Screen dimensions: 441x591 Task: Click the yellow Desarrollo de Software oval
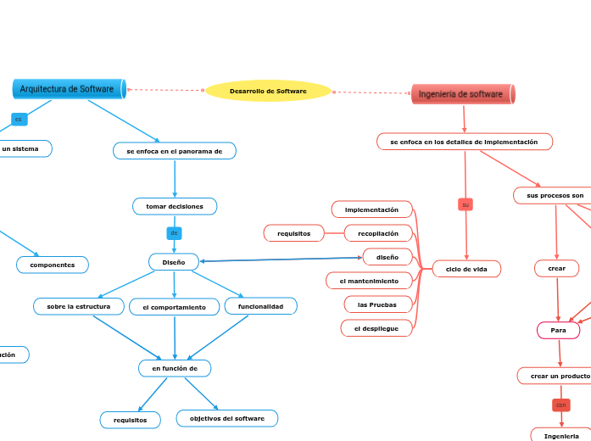click(268, 91)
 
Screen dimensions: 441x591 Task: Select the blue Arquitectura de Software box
click(69, 88)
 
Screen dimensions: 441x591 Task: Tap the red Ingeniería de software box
click(462, 94)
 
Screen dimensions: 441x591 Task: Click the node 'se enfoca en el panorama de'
click(175, 151)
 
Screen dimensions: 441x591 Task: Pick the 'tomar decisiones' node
click(175, 206)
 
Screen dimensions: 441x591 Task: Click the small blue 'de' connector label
click(174, 232)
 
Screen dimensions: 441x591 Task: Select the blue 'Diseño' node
click(174, 262)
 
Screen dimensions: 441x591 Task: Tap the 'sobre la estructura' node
click(79, 306)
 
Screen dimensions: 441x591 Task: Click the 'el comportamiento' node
click(174, 307)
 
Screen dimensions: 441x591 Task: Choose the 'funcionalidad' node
click(260, 306)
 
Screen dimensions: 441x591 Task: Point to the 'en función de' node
click(175, 368)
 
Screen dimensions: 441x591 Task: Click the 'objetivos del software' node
click(226, 418)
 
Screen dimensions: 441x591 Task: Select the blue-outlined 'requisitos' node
click(130, 420)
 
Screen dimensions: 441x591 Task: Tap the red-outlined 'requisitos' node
click(294, 232)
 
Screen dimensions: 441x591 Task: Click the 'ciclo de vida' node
click(466, 269)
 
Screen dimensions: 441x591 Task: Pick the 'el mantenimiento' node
click(369, 280)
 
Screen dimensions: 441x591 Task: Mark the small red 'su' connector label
click(465, 204)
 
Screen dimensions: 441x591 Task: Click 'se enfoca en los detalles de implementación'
click(464, 142)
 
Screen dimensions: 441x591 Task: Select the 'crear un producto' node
click(559, 376)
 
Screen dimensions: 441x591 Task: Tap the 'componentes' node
click(53, 265)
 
